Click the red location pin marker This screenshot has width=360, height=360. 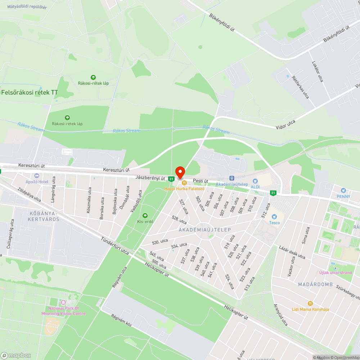tap(180, 172)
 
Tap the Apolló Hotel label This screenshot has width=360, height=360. tap(37, 182)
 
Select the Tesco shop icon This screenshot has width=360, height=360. tap(274, 217)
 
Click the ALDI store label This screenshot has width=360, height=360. tap(255, 187)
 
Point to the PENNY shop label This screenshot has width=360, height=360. tap(343, 196)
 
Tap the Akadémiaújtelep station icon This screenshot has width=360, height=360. tap(232, 178)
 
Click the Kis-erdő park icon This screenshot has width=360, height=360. tap(145, 215)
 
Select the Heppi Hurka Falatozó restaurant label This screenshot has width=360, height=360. tap(184, 188)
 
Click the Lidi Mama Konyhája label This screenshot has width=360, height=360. tap(310, 309)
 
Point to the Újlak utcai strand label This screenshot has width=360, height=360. tap(336, 273)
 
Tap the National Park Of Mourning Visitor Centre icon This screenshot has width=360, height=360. tap(63, 302)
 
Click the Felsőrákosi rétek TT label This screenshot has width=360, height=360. tap(30, 93)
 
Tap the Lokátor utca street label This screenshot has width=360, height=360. tap(317, 71)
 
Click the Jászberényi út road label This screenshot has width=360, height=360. tap(150, 178)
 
